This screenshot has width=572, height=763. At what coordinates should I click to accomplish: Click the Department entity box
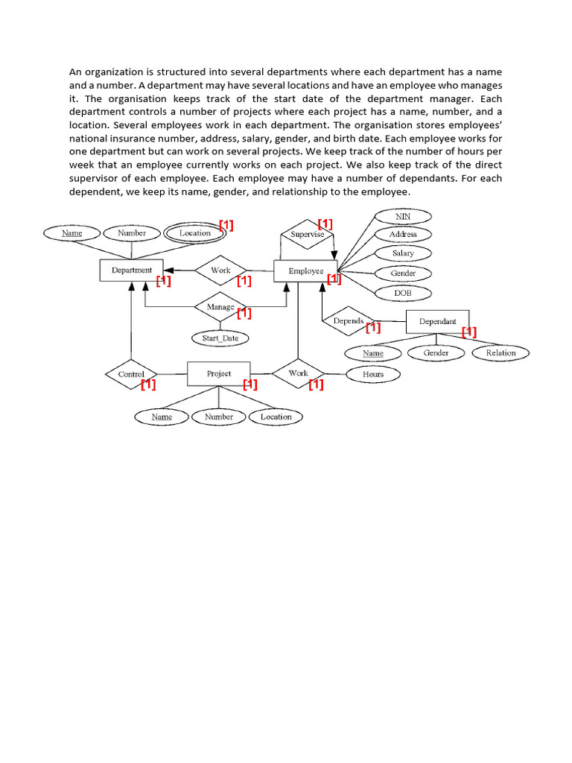pos(131,270)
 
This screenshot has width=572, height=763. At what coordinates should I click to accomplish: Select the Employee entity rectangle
pos(305,271)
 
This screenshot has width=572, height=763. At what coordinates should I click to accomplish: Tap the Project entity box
pos(219,374)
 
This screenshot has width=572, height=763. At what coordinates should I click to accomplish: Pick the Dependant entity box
pos(438,322)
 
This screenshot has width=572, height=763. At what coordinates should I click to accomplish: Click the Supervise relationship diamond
pos(307,234)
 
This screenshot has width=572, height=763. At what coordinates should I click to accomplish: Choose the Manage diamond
pos(220,307)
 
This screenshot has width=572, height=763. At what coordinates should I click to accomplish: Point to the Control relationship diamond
pos(131,374)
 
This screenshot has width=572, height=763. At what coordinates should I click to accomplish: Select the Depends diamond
pos(349,322)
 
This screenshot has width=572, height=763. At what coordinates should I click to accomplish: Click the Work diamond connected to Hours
pos(298,374)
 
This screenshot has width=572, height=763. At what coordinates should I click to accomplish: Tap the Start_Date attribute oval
pos(220,338)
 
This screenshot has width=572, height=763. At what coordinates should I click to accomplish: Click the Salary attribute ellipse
pos(403,253)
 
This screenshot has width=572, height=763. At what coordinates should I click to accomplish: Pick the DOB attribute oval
pos(403,293)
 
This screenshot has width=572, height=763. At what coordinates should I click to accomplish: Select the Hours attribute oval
pos(373,375)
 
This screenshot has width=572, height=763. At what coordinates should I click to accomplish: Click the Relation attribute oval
pos(500,353)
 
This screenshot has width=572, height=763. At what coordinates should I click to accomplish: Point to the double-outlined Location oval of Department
pos(195,233)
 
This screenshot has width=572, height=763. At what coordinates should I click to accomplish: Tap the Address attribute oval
pos(403,235)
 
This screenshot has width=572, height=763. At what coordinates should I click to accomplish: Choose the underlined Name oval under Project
pos(162,417)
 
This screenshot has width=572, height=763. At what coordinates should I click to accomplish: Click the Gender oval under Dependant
pos(436,353)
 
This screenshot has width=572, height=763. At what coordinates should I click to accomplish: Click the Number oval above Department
pos(132,233)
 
